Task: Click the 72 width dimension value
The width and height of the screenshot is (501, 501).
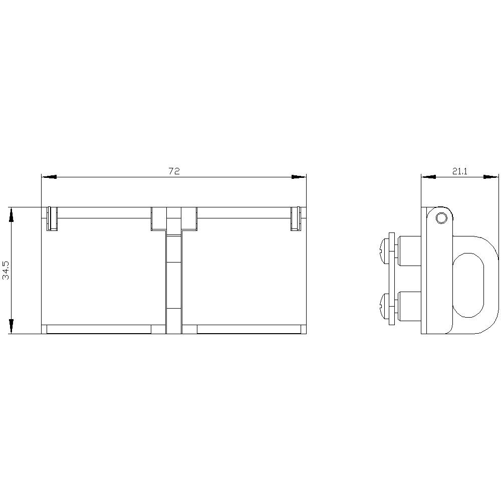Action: click(x=174, y=171)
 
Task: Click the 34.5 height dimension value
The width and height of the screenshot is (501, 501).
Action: click(x=7, y=271)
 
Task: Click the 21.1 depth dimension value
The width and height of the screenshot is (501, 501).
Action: click(x=460, y=171)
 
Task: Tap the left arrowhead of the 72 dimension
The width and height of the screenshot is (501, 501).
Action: click(x=49, y=177)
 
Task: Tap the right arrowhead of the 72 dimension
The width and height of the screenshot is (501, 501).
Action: click(x=299, y=177)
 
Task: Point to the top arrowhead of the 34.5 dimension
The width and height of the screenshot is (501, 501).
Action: click(x=11, y=214)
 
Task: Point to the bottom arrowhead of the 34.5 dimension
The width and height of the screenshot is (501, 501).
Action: click(x=11, y=327)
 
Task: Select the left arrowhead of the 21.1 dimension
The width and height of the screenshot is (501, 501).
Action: click(x=428, y=177)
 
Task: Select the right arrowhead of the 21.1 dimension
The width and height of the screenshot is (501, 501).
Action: click(x=491, y=177)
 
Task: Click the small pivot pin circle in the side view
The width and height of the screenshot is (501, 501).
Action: click(x=441, y=218)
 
